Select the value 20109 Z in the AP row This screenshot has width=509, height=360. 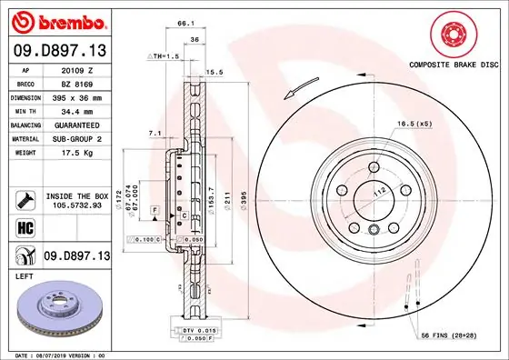[x=75, y=68]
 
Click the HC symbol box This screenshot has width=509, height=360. [x=23, y=227]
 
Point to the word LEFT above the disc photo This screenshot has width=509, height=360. [x=24, y=275]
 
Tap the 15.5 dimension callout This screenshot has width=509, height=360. [x=215, y=71]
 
